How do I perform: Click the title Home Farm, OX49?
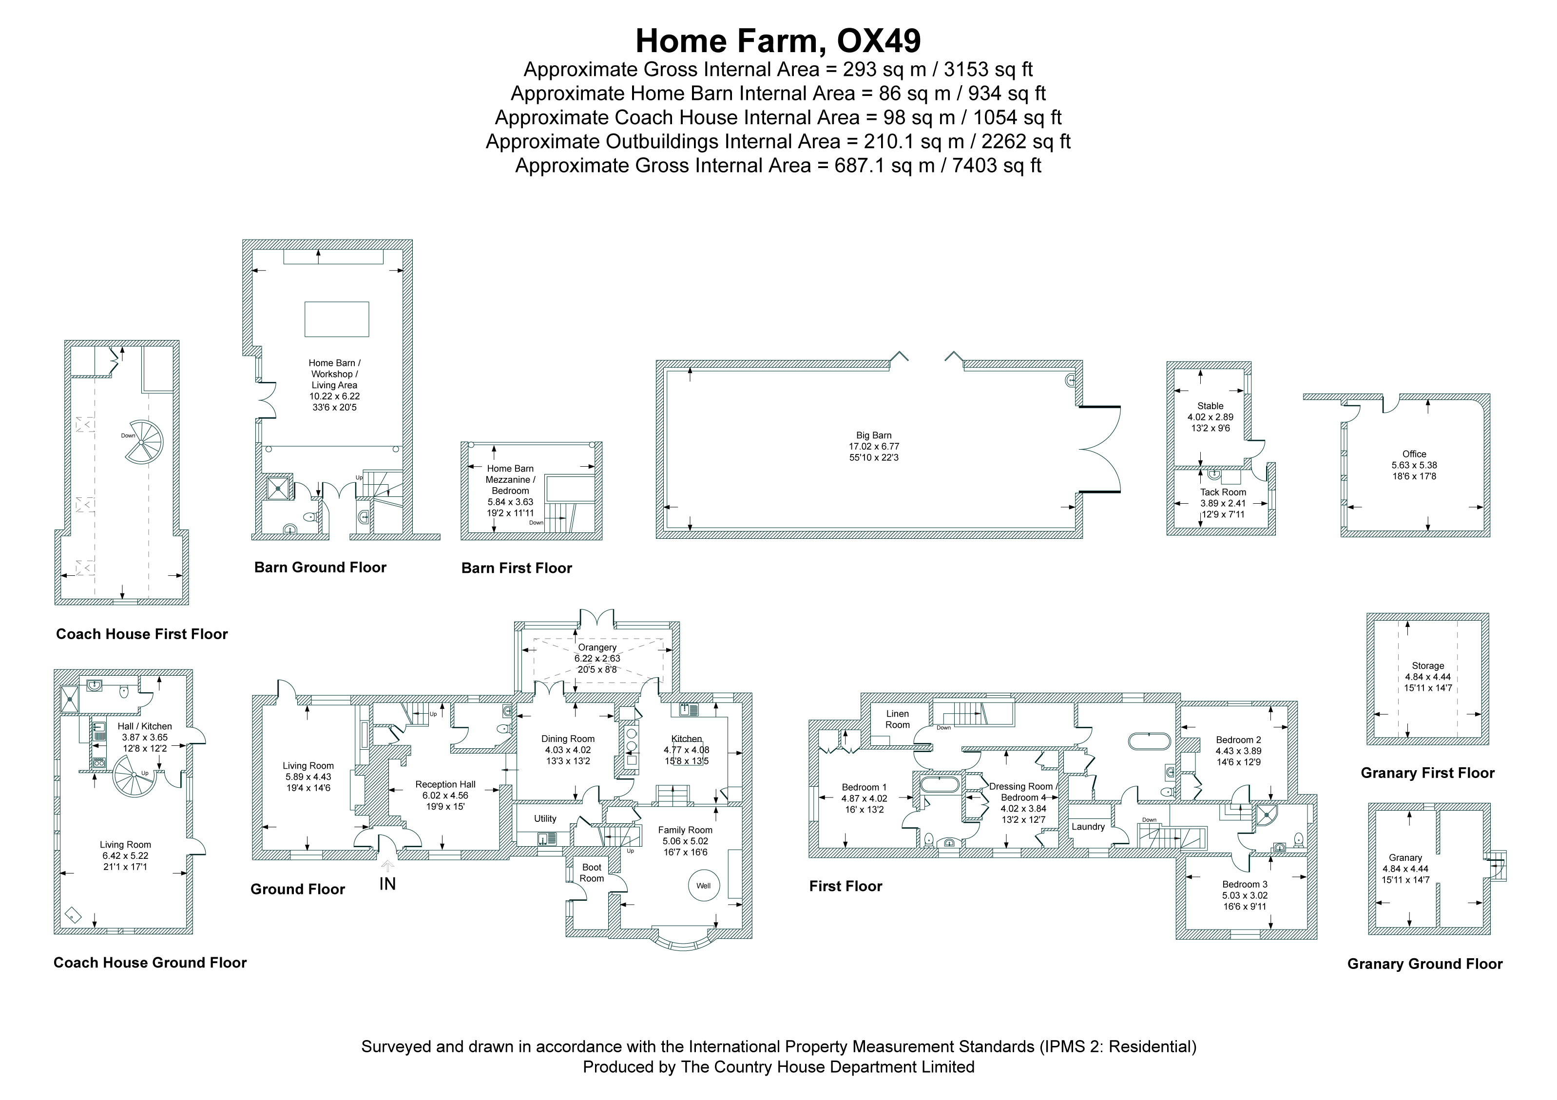click(778, 40)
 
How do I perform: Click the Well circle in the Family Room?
click(703, 885)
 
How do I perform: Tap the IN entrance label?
click(387, 884)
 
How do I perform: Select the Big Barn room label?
click(873, 435)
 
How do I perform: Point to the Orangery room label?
click(597, 647)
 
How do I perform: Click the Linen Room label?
click(897, 719)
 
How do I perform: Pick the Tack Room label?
click(1223, 492)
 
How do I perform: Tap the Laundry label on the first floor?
click(1088, 826)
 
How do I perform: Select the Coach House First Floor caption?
click(142, 634)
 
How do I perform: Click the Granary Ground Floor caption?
click(1425, 964)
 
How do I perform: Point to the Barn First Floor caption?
click(517, 568)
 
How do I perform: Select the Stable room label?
click(1210, 406)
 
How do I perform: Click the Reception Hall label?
click(445, 784)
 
